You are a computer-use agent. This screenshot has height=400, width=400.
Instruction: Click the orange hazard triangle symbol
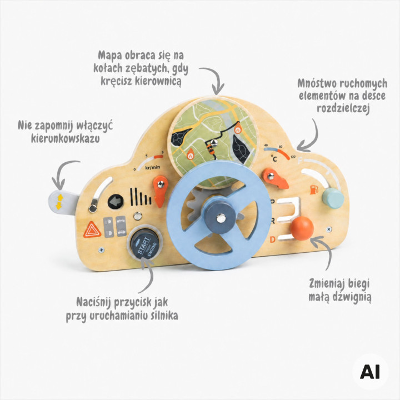pyautogui.click(x=92, y=230)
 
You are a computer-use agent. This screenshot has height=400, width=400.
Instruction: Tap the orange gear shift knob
pyautogui.click(x=302, y=228)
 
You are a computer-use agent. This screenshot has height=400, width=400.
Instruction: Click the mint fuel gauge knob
pyautogui.click(x=333, y=198)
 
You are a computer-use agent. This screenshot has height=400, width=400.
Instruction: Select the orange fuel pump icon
pyautogui.click(x=314, y=190)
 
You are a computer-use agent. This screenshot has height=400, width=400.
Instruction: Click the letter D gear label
pyautogui.click(x=272, y=239)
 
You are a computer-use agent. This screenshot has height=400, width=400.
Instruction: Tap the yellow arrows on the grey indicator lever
pyautogui.click(x=59, y=202)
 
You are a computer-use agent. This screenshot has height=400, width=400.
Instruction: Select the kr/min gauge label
pyautogui.click(x=153, y=167)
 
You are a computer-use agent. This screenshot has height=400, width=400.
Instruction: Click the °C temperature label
pyautogui.click(x=274, y=159)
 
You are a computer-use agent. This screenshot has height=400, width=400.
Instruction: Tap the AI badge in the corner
pyautogui.click(x=370, y=372)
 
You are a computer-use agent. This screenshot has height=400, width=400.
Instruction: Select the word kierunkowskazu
pyautogui.click(x=66, y=138)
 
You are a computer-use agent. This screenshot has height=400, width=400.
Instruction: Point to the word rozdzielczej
pyautogui.click(x=343, y=108)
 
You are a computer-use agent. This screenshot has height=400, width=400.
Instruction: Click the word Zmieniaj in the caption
pyautogui.click(x=326, y=284)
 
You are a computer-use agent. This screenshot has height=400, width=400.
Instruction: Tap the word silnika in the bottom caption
pyautogui.click(x=164, y=316)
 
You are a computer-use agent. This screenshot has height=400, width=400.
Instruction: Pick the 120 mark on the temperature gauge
pyautogui.click(x=293, y=157)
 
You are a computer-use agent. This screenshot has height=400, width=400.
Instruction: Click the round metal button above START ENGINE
pyautogui.click(x=138, y=216)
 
